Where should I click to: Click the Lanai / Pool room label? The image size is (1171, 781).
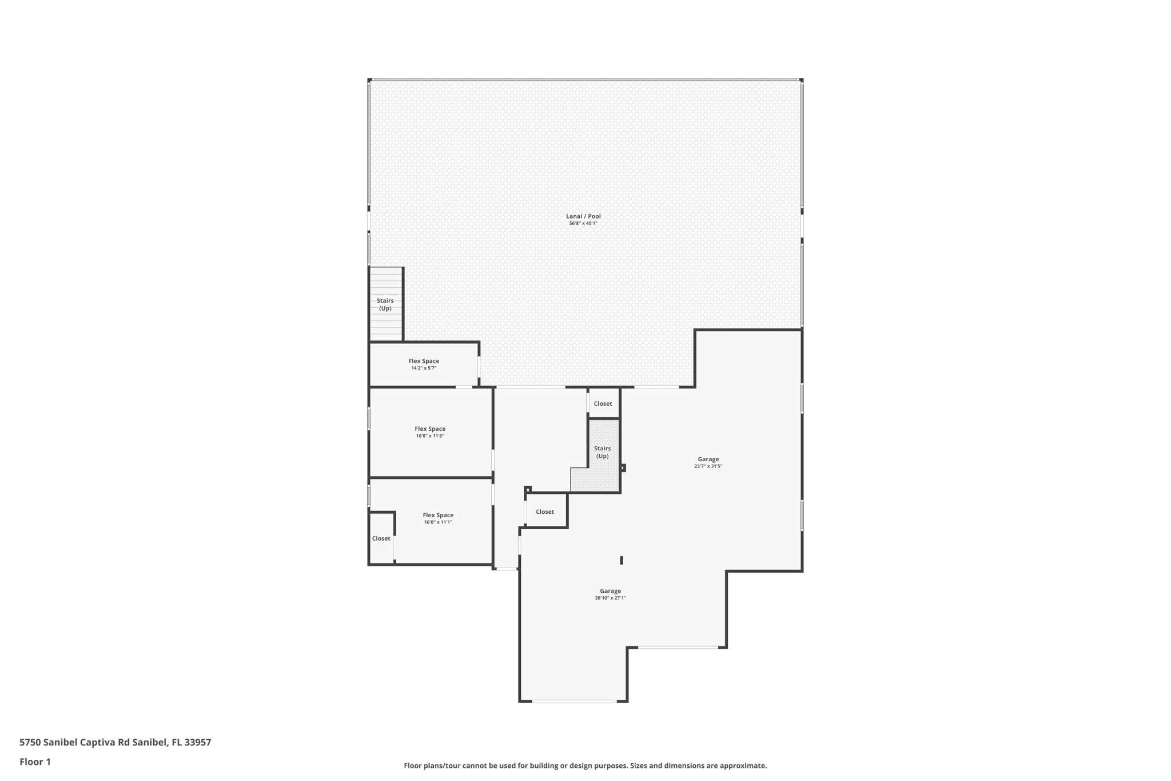583,216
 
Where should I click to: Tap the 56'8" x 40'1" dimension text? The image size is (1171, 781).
583,224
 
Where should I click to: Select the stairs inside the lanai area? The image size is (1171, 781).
385,304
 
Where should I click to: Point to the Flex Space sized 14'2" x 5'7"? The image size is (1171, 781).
424,364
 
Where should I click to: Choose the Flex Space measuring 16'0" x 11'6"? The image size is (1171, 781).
430,432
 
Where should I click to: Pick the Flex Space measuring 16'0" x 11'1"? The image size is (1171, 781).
438,518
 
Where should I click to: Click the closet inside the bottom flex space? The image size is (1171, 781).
381,538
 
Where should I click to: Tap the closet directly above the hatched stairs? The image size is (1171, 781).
603,403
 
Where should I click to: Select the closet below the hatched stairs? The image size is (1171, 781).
545,512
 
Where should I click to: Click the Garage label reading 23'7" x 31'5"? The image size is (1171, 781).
708,462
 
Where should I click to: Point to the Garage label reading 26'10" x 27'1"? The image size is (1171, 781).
610,594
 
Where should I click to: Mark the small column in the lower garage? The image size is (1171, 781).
622,560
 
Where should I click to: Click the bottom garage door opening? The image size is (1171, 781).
574,701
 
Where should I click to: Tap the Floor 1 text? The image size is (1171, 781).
35,762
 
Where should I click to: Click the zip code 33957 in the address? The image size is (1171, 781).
198,742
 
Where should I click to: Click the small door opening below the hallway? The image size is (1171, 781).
507,569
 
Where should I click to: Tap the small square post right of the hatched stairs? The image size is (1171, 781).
623,468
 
